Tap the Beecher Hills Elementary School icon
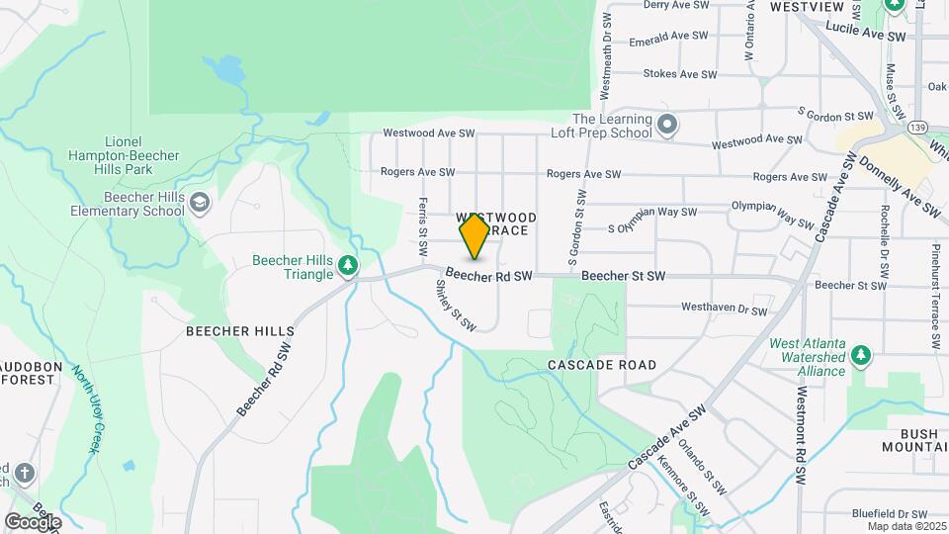(x=201, y=203)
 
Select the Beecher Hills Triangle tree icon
(x=347, y=265)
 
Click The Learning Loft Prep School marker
(x=667, y=126)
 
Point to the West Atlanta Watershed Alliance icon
(x=862, y=354)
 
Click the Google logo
(x=33, y=521)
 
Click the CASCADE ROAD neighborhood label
(x=602, y=365)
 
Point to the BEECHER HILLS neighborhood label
(x=240, y=331)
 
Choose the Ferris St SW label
(x=423, y=209)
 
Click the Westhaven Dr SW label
(x=724, y=310)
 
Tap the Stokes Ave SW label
(x=679, y=74)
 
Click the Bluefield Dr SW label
(x=890, y=514)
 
